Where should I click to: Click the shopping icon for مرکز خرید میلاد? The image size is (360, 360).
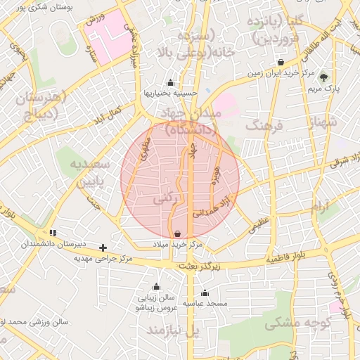[x=176, y=233]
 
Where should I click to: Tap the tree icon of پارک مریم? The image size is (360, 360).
[x=323, y=77]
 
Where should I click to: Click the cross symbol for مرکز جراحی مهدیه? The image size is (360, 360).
[x=103, y=247]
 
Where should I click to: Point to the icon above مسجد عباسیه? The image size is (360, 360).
[x=205, y=292]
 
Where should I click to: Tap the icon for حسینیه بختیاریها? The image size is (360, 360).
[x=170, y=82]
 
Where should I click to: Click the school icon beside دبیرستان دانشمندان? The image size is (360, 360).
[x=53, y=233]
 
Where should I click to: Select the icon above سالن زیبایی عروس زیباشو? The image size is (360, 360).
[x=156, y=287]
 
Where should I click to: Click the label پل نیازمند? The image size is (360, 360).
[x=173, y=330]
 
